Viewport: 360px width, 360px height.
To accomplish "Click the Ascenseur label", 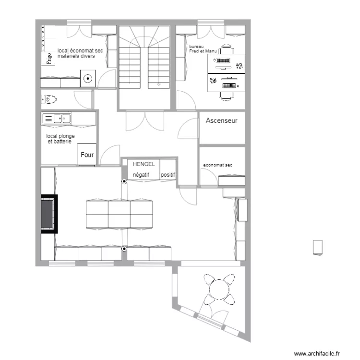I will pyautogui.click(x=222, y=121).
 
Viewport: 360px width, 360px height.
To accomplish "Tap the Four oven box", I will pyautogui.click(x=87, y=155).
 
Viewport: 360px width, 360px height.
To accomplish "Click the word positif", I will pyautogui.click(x=168, y=175).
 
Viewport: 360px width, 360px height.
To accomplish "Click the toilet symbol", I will pyautogui.click(x=49, y=100).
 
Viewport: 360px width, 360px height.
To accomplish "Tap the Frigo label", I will pyautogui.click(x=48, y=59).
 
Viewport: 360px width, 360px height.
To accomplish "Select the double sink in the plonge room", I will pyautogui.click(x=57, y=118).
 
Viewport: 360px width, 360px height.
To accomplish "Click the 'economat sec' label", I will pyautogui.click(x=217, y=165).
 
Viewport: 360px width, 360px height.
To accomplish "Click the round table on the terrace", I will pyautogui.click(x=219, y=289).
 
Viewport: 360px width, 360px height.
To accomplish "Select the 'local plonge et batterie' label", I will pyautogui.click(x=60, y=139).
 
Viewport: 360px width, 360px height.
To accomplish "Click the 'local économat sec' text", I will pyautogui.click(x=80, y=53).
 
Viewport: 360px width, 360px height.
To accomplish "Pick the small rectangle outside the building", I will pyautogui.click(x=317, y=247).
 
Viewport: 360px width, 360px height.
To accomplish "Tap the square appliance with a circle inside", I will pyautogui.click(x=87, y=79).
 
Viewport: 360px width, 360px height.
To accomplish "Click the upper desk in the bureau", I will pyautogui.click(x=226, y=62).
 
